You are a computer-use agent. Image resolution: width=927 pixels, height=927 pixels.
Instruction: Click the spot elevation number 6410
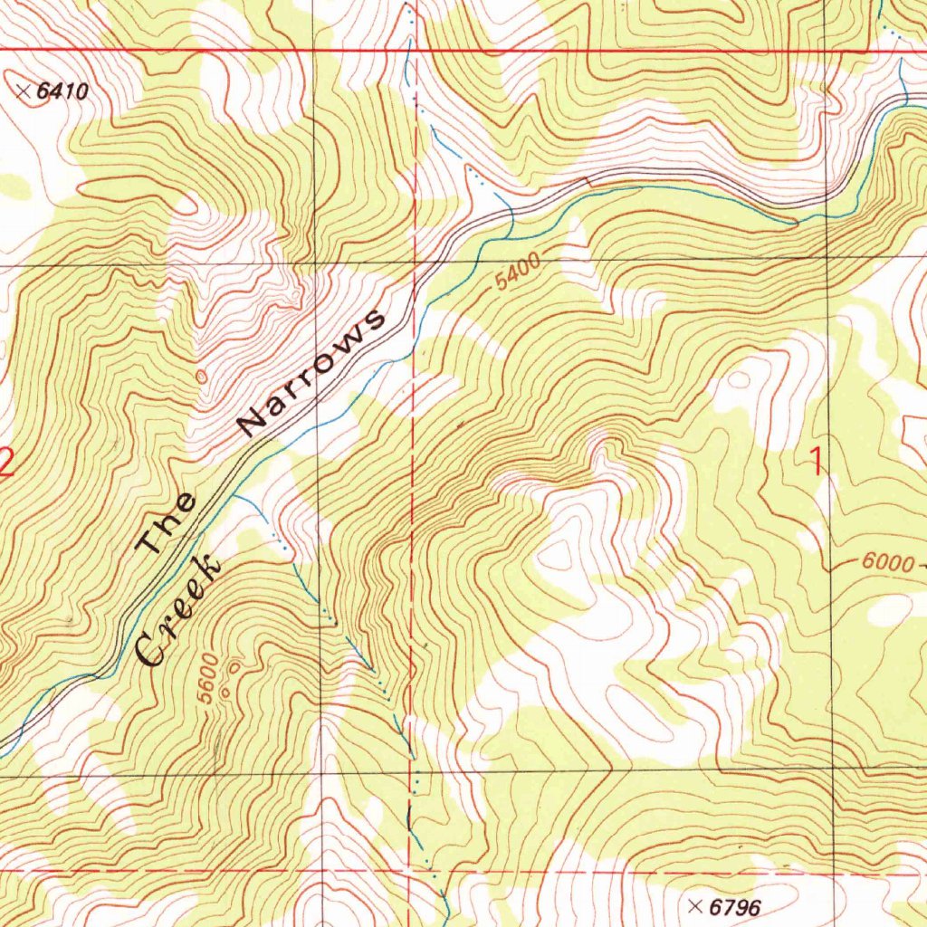tap(64, 91)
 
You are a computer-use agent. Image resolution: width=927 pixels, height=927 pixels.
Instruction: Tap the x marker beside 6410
tap(24, 91)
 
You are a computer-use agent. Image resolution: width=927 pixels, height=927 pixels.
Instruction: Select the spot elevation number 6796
tap(734, 906)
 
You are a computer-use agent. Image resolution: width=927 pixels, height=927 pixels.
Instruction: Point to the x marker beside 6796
tap(695, 905)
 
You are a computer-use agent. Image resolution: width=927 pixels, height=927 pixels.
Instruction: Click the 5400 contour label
tap(518, 271)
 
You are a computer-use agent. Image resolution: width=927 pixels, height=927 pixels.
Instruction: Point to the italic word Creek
tap(178, 613)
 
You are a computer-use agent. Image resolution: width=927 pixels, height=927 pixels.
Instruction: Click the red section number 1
tap(817, 464)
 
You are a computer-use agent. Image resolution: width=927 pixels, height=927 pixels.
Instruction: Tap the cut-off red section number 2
tap(5, 465)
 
